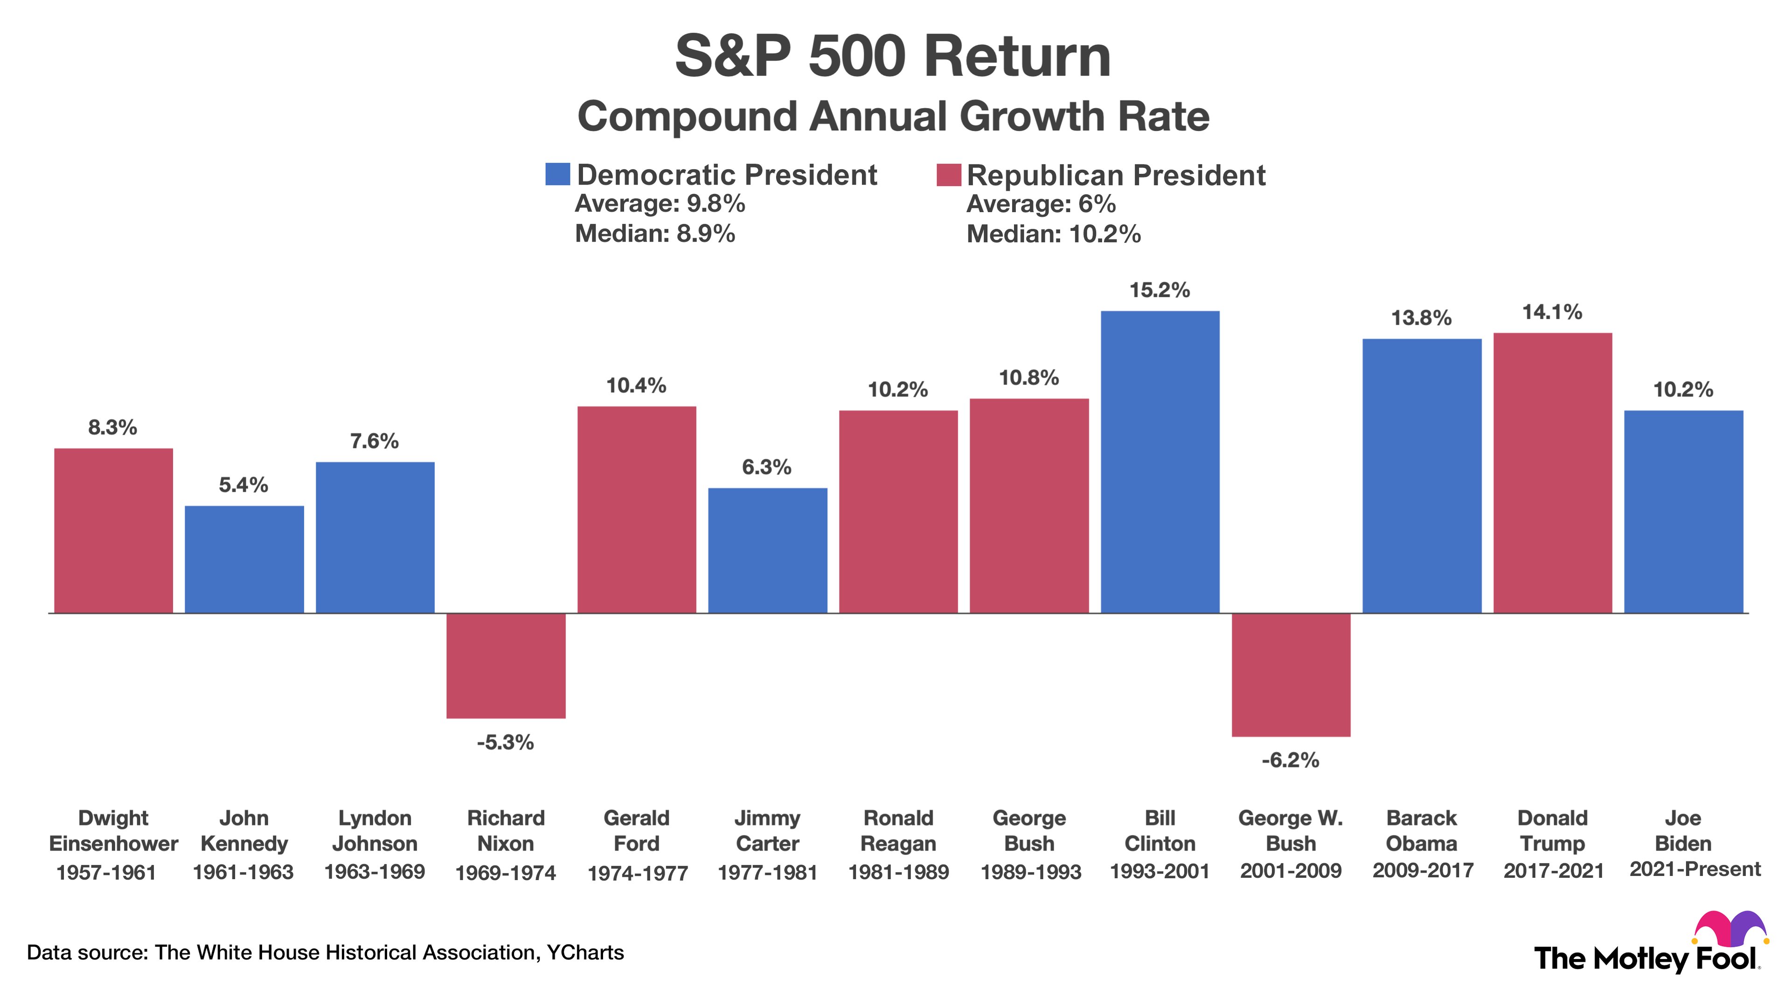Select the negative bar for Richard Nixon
click(506, 665)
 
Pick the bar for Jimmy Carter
click(768, 550)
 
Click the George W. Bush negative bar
click(1291, 674)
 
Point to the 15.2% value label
click(1159, 290)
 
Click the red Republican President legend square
click(948, 174)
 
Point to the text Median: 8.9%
click(654, 234)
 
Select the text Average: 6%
click(1041, 204)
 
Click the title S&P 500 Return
click(893, 57)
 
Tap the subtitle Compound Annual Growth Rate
click(893, 116)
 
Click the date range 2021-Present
click(1694, 869)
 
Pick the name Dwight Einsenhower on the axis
click(113, 831)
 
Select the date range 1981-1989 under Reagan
click(898, 872)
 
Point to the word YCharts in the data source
click(585, 952)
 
